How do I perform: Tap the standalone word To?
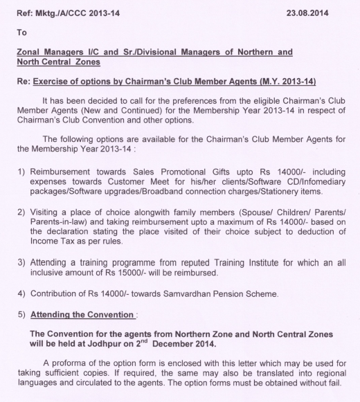(x=21, y=32)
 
